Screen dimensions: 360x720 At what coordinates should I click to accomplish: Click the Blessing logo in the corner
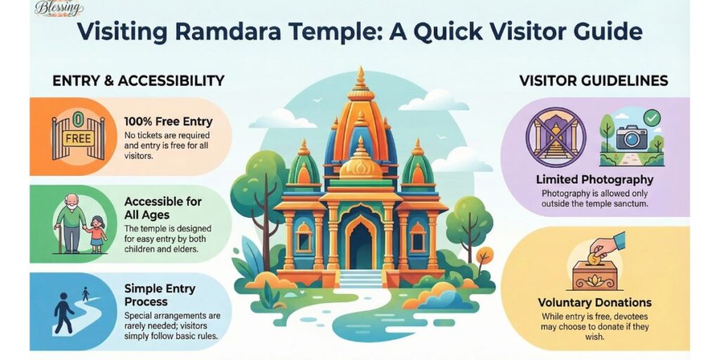(58, 8)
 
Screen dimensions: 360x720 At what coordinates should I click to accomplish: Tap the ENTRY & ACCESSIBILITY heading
(138, 80)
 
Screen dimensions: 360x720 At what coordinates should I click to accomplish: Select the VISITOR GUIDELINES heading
(593, 80)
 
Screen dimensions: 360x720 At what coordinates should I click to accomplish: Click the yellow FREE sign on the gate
(78, 138)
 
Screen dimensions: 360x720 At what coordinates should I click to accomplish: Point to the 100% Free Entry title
(168, 121)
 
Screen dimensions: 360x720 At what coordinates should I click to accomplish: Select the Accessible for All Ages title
(163, 207)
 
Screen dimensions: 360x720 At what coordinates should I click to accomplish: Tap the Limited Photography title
(595, 179)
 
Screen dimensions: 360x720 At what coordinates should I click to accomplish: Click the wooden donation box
(594, 275)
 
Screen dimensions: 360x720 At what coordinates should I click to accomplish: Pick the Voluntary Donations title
(595, 303)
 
